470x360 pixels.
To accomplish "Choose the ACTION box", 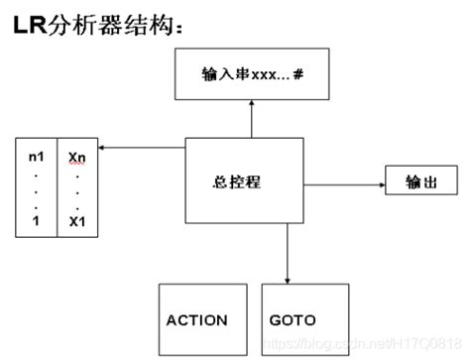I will tap(196, 319).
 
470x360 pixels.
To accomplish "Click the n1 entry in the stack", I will tap(37, 157).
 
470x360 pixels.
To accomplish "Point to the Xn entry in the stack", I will tap(77, 157).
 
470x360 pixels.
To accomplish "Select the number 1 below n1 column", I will tap(36, 219).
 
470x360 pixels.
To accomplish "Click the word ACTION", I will tap(196, 319).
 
